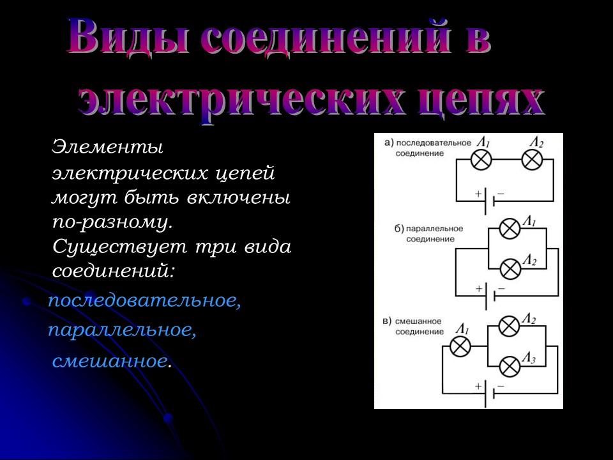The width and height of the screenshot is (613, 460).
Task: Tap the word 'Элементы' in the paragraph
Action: click(x=108, y=148)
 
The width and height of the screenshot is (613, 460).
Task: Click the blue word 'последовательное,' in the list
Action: click(x=145, y=301)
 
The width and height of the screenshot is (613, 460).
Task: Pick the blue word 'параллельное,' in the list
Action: click(x=122, y=331)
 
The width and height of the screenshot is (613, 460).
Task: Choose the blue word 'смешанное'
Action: click(x=110, y=362)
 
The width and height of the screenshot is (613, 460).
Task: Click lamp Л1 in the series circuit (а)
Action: click(x=481, y=160)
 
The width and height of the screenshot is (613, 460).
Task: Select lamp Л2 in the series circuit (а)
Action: click(x=531, y=160)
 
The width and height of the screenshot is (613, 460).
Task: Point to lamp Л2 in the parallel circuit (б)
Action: click(x=509, y=269)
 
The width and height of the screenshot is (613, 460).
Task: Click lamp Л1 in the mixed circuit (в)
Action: click(x=460, y=347)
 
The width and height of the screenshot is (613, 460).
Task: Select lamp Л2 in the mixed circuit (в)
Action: click(x=509, y=326)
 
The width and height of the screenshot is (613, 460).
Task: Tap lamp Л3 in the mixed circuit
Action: click(x=509, y=367)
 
